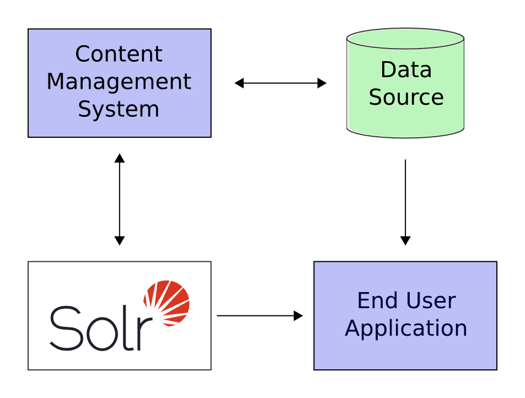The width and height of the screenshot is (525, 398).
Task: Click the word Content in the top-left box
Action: coord(119,54)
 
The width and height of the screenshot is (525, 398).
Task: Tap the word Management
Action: coord(119,82)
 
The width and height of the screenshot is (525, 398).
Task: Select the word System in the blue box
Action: coord(119,109)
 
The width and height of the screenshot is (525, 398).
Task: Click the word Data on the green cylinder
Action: coord(406,70)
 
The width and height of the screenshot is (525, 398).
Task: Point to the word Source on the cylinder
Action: coord(406,97)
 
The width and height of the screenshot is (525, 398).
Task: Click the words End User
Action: coord(406,301)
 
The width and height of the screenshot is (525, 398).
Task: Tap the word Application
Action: coord(406,328)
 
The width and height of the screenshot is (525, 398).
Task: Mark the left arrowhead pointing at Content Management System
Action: coord(239,83)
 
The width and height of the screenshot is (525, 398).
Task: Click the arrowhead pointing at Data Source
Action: coord(322,83)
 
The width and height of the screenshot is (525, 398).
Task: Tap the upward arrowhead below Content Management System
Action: coord(119,158)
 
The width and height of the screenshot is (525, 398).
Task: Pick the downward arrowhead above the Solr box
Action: coord(119,241)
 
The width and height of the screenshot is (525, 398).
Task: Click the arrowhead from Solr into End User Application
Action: coord(298,316)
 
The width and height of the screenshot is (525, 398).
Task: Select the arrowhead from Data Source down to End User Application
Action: coord(405,241)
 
